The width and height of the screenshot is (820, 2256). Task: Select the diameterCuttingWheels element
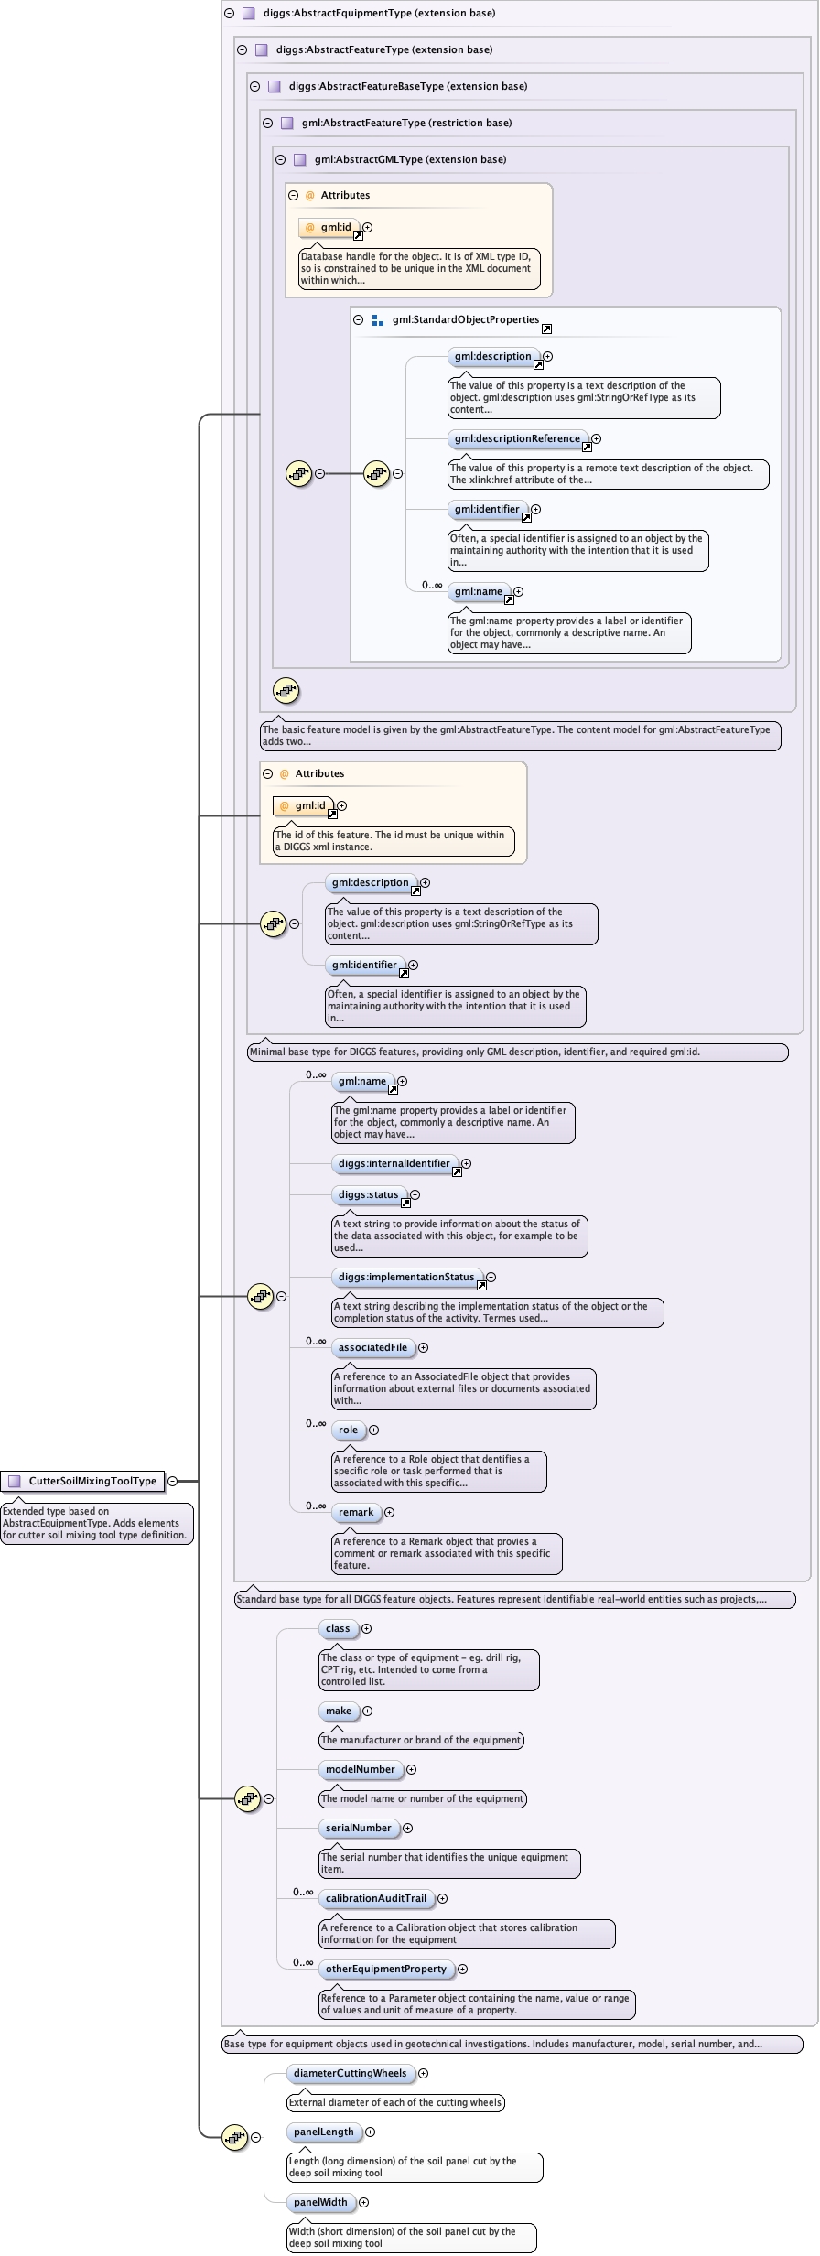[350, 2073]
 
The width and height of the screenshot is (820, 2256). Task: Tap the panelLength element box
[323, 2132]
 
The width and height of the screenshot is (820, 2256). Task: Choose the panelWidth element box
[320, 2202]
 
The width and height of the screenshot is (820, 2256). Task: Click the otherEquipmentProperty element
[386, 1969]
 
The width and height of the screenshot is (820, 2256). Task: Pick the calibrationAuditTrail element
[376, 1898]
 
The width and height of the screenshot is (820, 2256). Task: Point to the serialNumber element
[359, 1828]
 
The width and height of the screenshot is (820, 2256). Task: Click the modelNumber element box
[361, 1769]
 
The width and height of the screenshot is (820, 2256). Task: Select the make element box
[339, 1711]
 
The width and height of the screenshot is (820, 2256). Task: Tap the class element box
[338, 1628]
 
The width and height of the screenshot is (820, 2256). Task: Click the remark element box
[356, 1512]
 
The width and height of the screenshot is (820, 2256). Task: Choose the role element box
[348, 1430]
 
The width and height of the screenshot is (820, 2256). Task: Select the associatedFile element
[372, 1347]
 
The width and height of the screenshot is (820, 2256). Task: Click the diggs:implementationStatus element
[406, 1277]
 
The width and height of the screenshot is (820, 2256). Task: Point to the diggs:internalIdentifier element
[394, 1163]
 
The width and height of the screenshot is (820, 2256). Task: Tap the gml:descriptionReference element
[517, 438]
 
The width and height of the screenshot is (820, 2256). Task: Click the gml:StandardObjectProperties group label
[465, 319]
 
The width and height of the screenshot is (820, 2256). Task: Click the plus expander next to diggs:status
[415, 1194]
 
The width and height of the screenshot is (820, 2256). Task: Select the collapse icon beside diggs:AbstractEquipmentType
[229, 13]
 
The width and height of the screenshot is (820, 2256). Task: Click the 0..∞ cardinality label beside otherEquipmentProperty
[303, 1962]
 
